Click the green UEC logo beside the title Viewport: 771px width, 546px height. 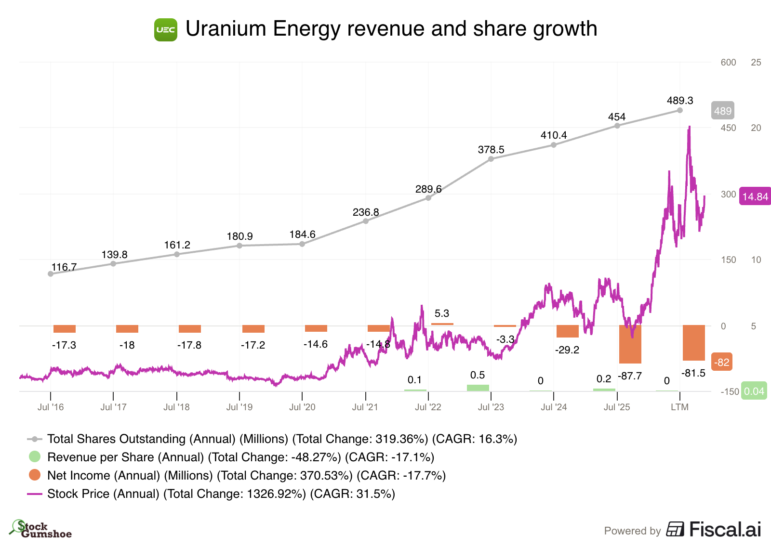(166, 30)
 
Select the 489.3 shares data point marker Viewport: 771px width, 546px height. (680, 110)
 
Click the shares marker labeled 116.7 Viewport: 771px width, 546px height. (51, 274)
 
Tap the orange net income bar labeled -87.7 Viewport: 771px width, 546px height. (630, 344)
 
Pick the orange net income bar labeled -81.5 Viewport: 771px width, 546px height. (694, 343)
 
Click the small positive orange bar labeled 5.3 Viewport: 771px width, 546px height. (442, 324)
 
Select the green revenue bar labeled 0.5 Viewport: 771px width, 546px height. (478, 388)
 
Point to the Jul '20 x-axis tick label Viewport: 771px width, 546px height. (302, 407)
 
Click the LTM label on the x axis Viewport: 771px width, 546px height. (680, 407)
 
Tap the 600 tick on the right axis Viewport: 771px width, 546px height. (728, 62)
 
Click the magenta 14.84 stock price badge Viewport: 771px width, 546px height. (755, 196)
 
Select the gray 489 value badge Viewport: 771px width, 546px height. (723, 111)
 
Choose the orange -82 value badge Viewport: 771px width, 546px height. (721, 362)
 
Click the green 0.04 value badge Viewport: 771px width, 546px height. (754, 391)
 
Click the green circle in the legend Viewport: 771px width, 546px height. (35, 457)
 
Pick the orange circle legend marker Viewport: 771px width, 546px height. (35, 475)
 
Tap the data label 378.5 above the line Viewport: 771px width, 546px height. (491, 150)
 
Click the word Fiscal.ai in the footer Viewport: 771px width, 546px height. (725, 529)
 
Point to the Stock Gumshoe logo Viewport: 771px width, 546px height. (40, 529)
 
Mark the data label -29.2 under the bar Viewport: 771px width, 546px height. (567, 350)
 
